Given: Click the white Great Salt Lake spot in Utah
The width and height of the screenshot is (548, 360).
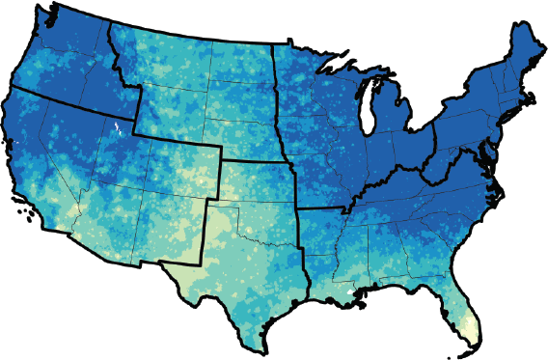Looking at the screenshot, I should tap(115, 128).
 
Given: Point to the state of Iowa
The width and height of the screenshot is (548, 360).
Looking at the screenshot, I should tap(309, 140).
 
